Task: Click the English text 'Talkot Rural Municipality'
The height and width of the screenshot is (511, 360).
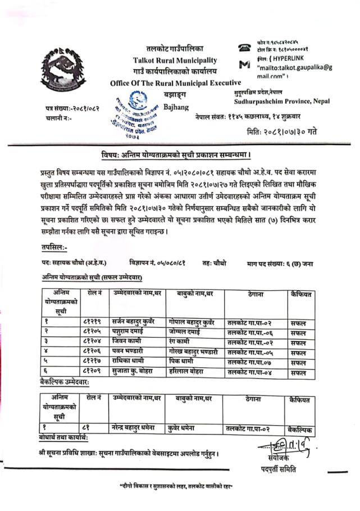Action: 175,60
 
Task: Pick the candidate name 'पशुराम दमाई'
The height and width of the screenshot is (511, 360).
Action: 130,332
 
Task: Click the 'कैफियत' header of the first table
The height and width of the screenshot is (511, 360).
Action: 302,294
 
